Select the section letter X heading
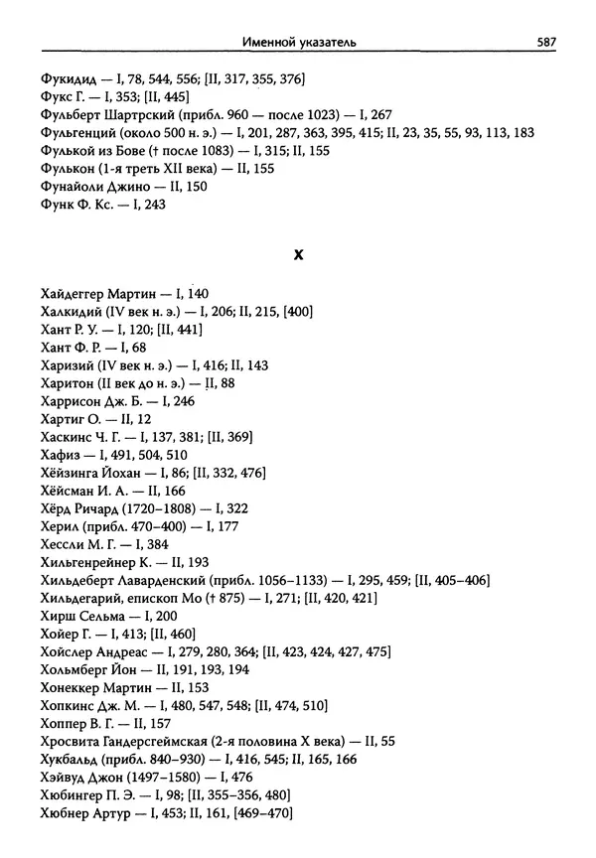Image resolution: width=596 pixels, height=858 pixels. pos(298,255)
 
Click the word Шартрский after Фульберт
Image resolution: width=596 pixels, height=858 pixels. pos(146,114)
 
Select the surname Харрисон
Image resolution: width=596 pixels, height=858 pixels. pos(75,401)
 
